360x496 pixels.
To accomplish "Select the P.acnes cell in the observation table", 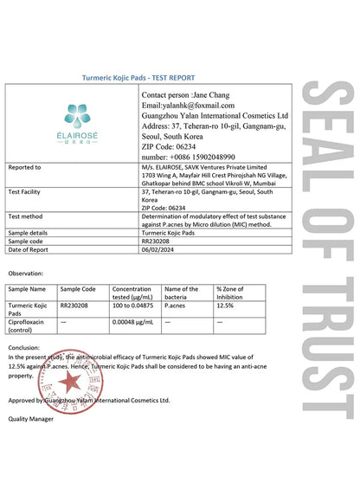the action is [177, 306].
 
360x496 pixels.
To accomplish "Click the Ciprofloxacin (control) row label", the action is [27, 325].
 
